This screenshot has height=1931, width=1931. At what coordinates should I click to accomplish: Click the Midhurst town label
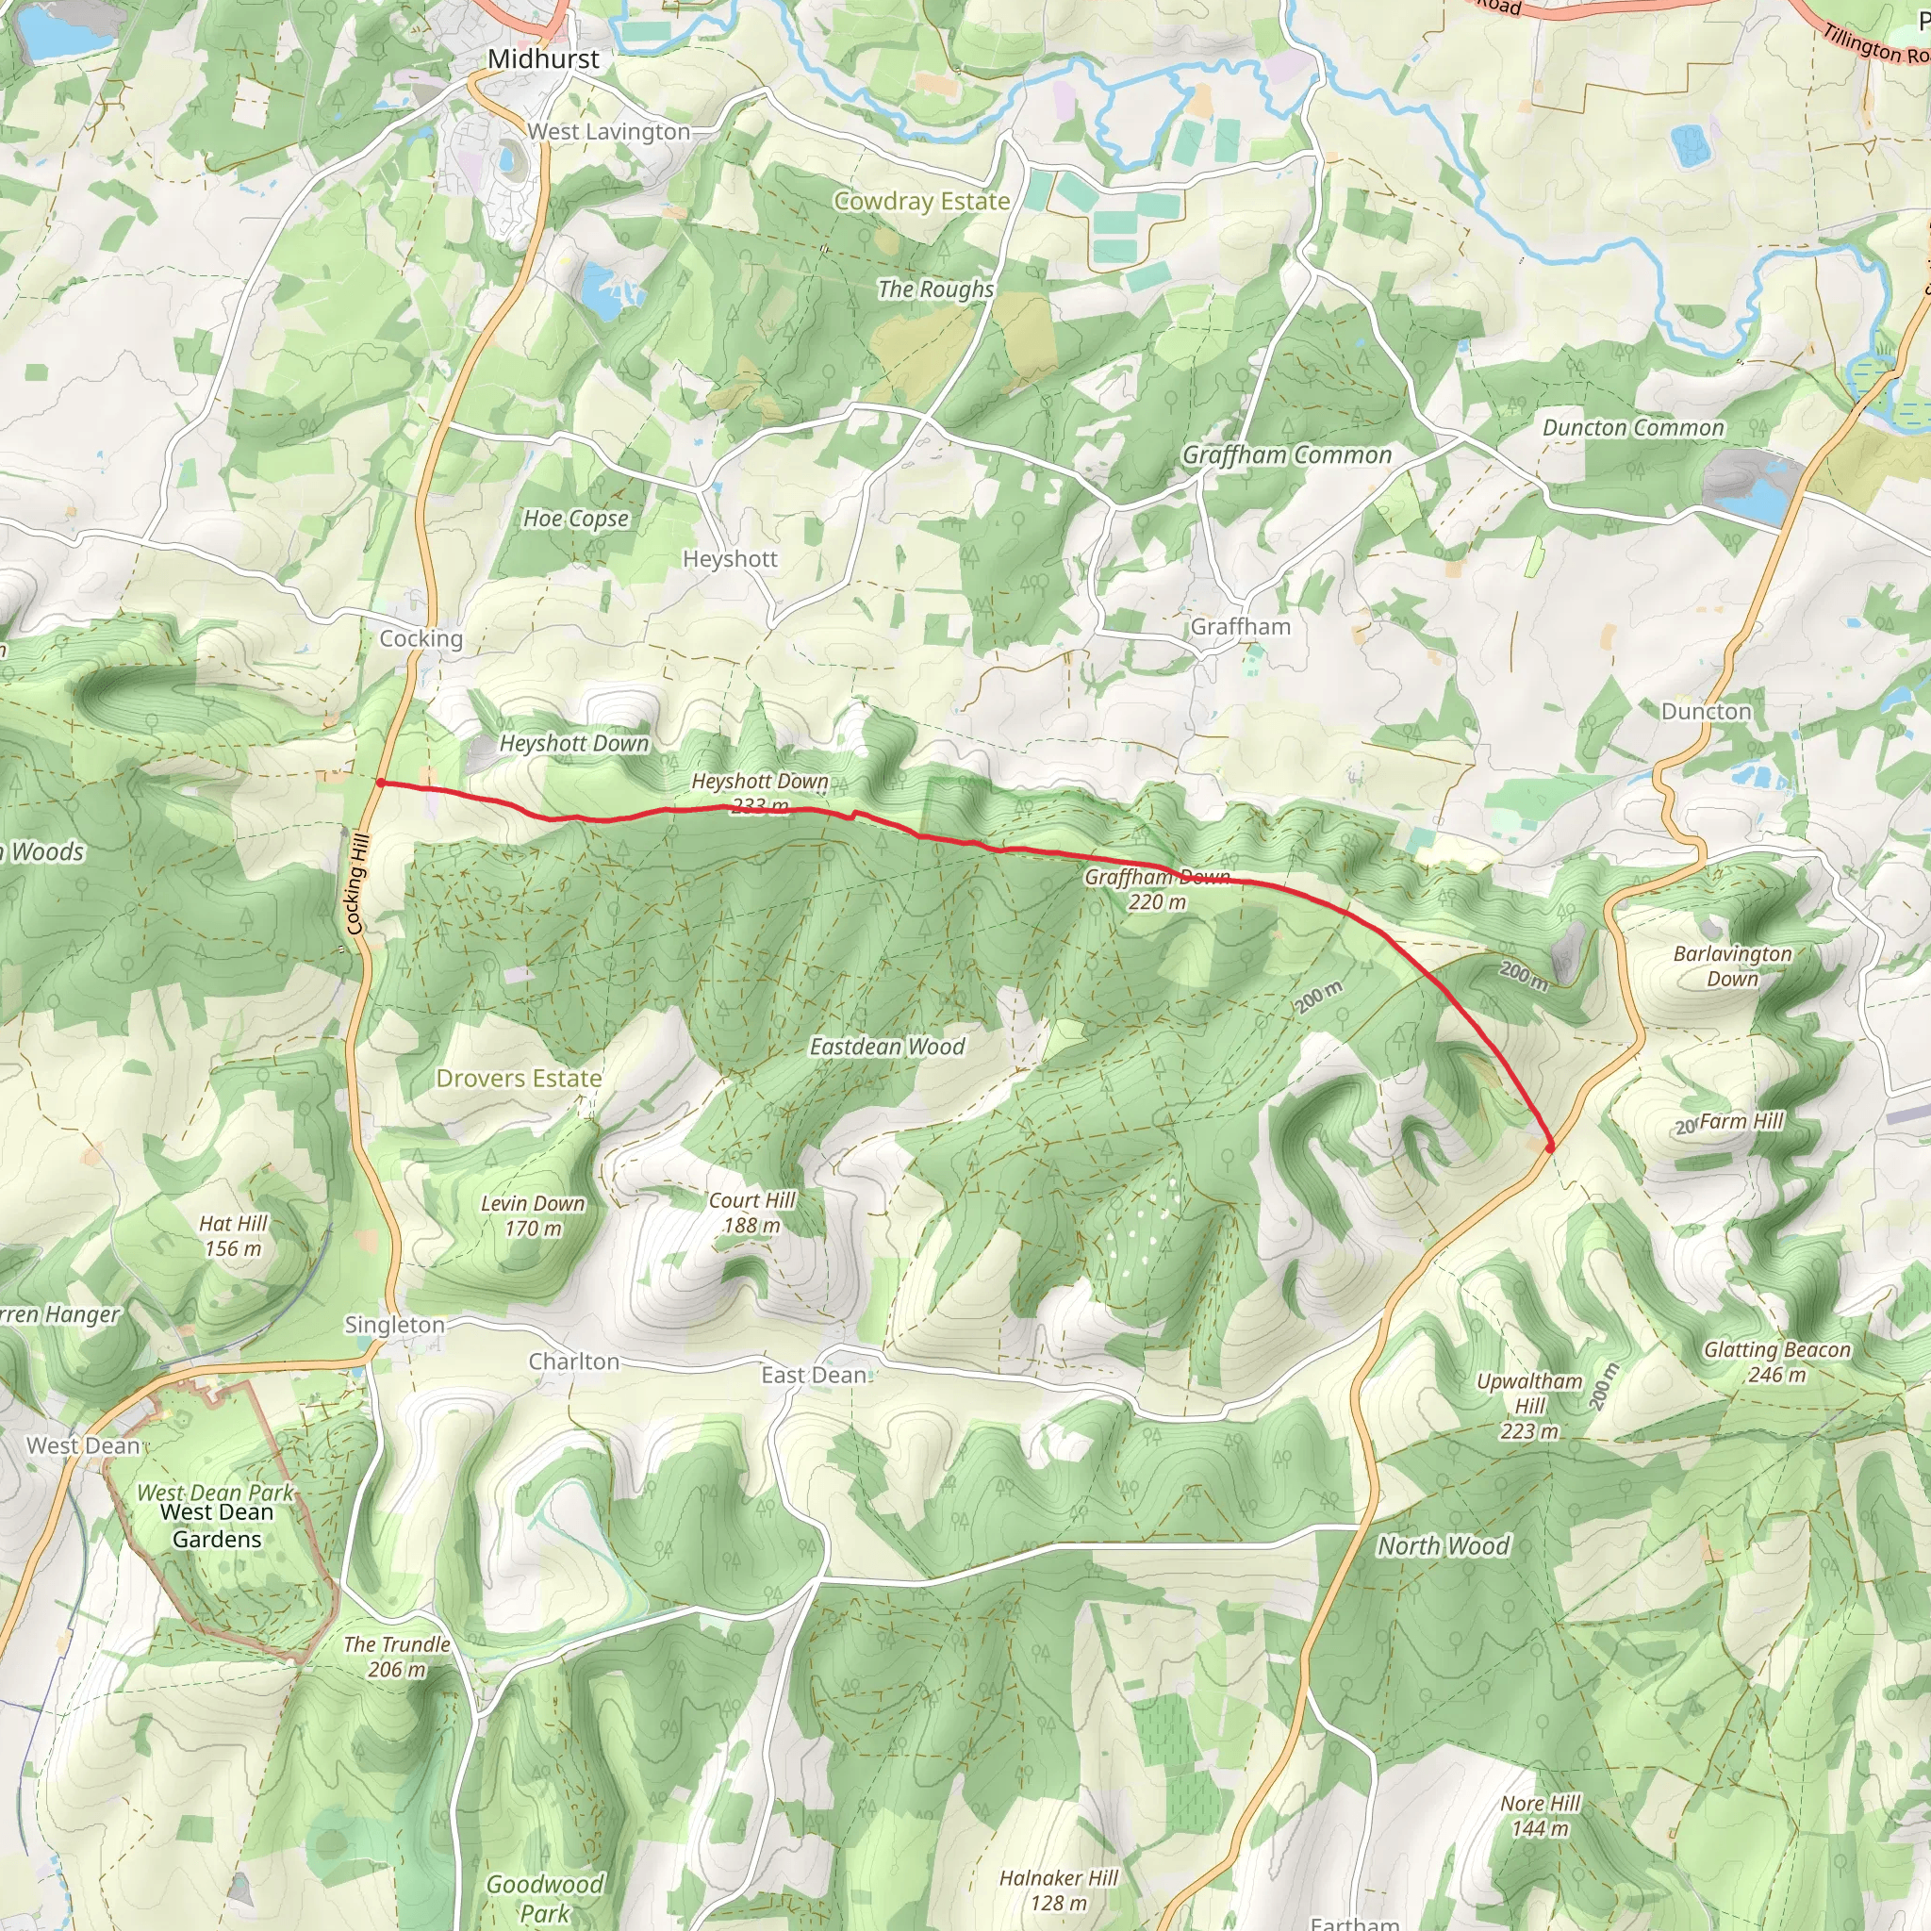coord(543,59)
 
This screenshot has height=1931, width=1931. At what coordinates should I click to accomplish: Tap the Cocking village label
coord(421,638)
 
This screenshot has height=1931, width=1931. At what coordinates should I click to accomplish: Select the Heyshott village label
coord(730,559)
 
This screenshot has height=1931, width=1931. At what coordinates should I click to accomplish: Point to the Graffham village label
coord(1241,627)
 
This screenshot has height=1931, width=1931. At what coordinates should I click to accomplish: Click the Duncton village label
coord(1706,712)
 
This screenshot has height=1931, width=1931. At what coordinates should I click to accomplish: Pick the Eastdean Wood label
coord(886,1047)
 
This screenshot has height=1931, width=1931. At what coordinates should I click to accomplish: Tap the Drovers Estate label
coord(519,1079)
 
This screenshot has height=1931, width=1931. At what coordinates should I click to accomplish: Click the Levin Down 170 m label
coord(533,1215)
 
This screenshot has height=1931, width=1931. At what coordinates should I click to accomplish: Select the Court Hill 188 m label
coord(751,1213)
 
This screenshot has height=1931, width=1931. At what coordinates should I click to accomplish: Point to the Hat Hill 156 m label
coord(233,1235)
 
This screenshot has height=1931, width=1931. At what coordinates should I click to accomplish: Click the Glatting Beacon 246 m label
coord(1777,1362)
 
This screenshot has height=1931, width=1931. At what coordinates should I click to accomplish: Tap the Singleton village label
coord(394,1326)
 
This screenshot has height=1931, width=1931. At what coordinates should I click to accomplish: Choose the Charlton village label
coord(573,1362)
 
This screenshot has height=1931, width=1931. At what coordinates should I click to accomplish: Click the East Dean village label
coord(814,1376)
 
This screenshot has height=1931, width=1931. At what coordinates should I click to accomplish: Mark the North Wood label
coord(1444,1546)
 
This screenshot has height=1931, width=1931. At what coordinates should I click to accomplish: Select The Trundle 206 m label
coord(397,1656)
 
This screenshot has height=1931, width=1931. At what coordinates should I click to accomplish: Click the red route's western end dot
coord(381,784)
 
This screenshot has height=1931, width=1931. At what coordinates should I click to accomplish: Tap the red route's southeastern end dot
coord(1550,1148)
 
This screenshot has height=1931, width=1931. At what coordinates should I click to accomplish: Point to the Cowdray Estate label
coord(921,201)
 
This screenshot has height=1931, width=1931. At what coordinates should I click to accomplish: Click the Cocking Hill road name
coord(356,883)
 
